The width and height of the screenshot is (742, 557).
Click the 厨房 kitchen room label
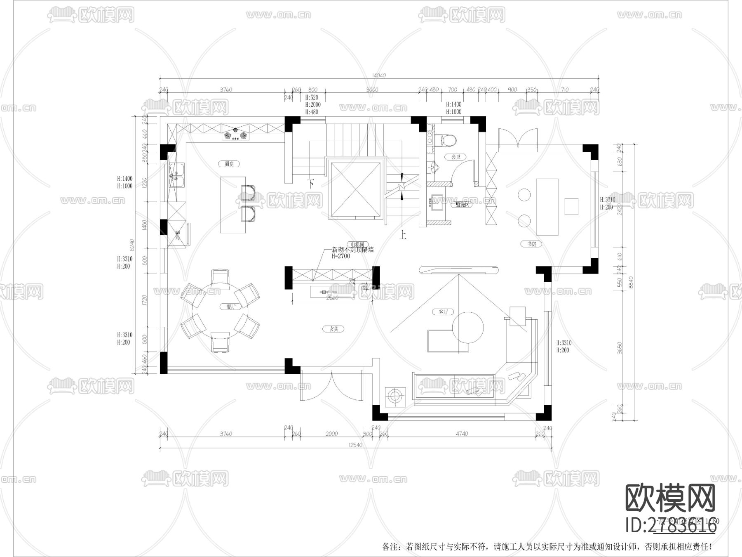click(x=230, y=164)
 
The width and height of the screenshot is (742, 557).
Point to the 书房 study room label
click(x=532, y=244)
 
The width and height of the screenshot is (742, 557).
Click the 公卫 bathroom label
click(x=456, y=157)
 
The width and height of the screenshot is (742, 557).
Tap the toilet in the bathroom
click(x=448, y=140)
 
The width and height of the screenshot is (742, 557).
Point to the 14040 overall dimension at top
click(x=378, y=75)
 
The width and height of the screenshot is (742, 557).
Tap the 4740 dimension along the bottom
click(x=462, y=434)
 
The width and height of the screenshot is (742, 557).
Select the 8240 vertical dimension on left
click(x=132, y=245)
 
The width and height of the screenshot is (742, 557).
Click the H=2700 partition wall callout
click(x=341, y=256)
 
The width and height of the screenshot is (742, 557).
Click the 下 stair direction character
click(x=312, y=184)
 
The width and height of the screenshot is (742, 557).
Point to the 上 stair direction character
click(x=403, y=235)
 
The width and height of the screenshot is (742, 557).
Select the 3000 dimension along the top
click(x=372, y=90)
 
